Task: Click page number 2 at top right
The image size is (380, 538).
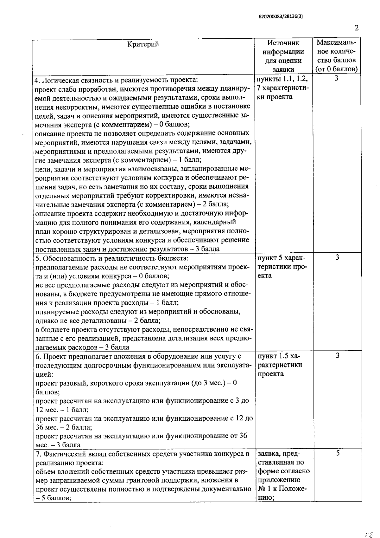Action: pyautogui.click(x=357, y=28)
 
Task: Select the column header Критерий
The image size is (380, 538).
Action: pyautogui.click(x=143, y=44)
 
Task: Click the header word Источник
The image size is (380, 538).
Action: pyautogui.click(x=283, y=43)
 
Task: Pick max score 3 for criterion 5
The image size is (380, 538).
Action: pyautogui.click(x=337, y=257)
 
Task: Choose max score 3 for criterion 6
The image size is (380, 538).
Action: pyautogui.click(x=337, y=356)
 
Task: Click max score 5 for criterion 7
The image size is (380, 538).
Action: pyautogui.click(x=338, y=453)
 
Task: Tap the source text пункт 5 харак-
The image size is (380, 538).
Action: pyautogui.click(x=281, y=258)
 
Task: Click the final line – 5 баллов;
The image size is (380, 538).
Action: pyautogui.click(x=53, y=498)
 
